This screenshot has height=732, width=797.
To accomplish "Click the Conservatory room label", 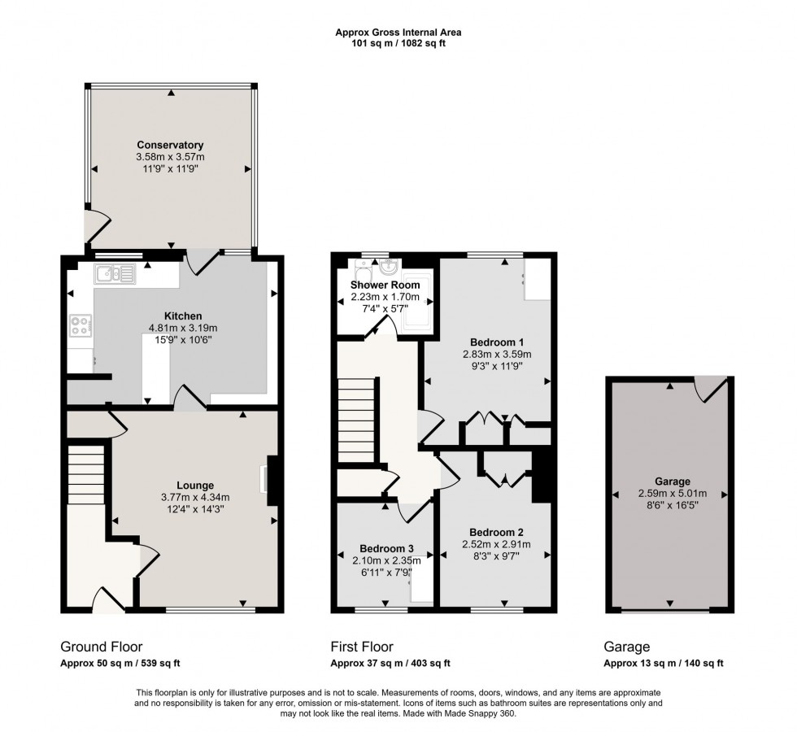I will (x=170, y=145).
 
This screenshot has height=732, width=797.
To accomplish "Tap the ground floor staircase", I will (x=85, y=471).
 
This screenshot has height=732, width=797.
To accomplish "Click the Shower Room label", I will (x=385, y=285).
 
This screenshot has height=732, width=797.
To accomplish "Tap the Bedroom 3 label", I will (x=385, y=548).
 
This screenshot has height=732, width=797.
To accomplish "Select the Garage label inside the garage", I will (x=669, y=480).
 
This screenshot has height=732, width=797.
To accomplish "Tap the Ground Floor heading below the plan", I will (x=100, y=647).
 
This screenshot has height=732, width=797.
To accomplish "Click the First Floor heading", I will (x=361, y=647).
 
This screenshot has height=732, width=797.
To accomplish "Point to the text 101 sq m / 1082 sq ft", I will (x=398, y=44).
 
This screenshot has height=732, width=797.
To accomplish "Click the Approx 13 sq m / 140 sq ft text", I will (x=663, y=664).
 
